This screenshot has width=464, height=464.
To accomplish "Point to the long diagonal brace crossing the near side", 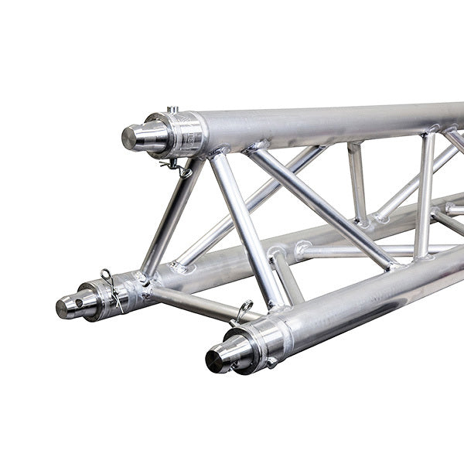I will click(x=325, y=209).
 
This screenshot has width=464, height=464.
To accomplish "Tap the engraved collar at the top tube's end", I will click(x=186, y=133).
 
